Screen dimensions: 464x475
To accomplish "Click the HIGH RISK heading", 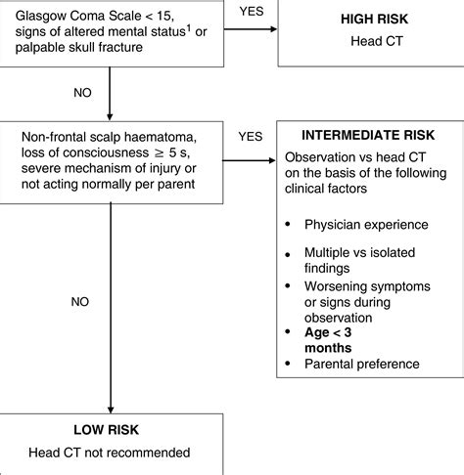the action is point(374,19).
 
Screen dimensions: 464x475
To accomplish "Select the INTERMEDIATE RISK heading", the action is point(368,135).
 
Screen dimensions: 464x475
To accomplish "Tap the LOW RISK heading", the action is point(107,430).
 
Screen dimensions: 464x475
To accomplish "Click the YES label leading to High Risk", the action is point(252,12).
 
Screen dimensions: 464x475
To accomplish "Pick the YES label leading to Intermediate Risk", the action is point(251,137).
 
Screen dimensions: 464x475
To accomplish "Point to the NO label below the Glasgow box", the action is point(82,93).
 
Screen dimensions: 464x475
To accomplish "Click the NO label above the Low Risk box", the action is point(80,302).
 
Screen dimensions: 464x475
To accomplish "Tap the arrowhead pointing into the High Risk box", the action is point(273,29).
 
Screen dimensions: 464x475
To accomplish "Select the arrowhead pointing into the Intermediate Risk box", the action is point(272,160).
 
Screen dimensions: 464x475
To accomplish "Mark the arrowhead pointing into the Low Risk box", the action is point(111,410).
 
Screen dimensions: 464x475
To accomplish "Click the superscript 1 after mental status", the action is point(189,28).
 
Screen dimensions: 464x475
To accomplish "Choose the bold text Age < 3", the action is point(328,332).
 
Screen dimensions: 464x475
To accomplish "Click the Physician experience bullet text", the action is point(366,225).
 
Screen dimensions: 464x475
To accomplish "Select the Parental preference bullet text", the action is point(362,364).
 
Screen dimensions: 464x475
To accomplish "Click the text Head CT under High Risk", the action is point(377,41).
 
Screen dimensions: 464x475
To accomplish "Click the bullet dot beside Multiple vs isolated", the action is point(288,255).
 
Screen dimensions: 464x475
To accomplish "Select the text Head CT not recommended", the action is point(110,453).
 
